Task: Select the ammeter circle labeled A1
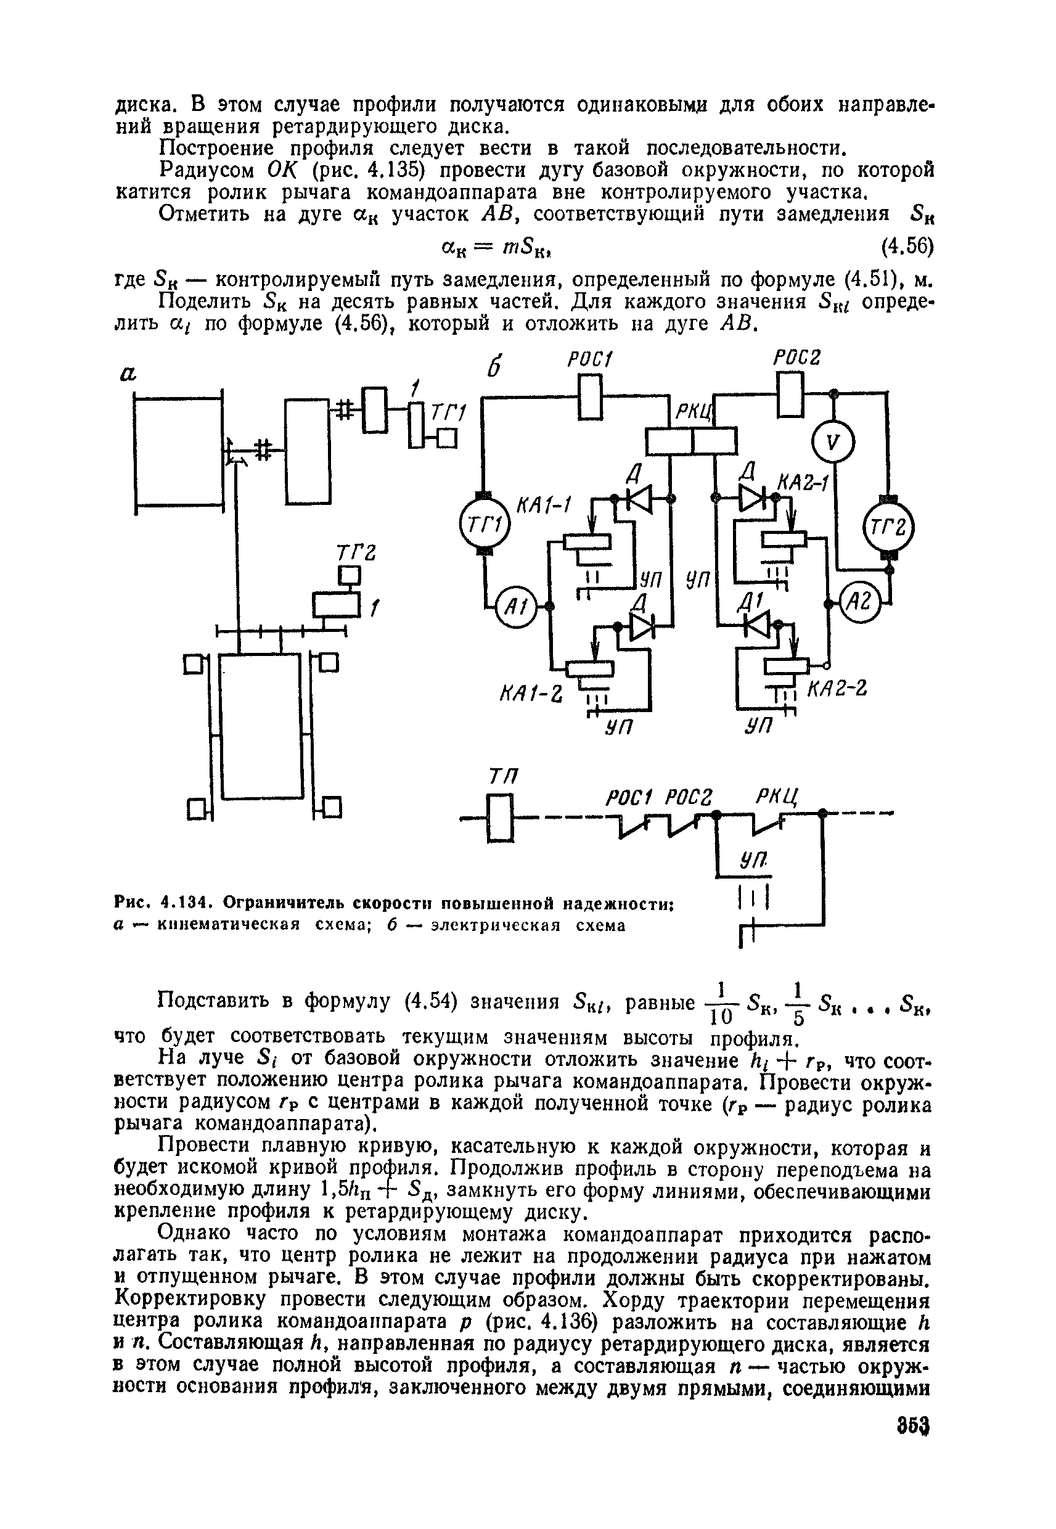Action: click(x=515, y=605)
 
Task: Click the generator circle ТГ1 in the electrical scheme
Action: click(x=482, y=525)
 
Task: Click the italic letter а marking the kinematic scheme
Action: click(x=128, y=374)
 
